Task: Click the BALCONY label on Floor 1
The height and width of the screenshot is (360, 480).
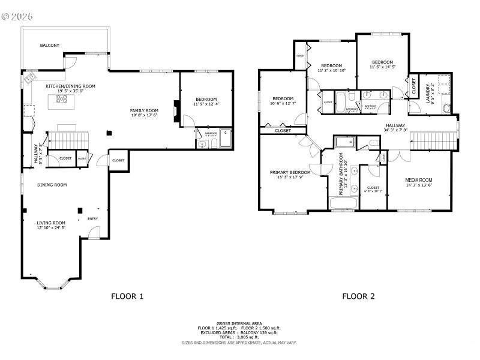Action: pos(50,46)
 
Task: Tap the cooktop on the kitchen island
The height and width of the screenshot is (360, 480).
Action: pos(61,100)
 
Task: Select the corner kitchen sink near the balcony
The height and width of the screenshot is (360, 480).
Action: pos(29,78)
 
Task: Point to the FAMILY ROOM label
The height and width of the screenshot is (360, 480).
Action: pos(145,110)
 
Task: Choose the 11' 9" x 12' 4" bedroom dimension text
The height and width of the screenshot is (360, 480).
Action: pos(206,104)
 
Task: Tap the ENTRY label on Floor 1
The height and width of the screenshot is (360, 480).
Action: pos(93,218)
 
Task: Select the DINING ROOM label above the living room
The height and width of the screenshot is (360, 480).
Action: pos(52,185)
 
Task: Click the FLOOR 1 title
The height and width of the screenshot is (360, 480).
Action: pos(128,296)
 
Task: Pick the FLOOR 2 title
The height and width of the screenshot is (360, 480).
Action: pos(358,296)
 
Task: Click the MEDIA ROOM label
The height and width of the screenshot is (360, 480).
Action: pos(419,179)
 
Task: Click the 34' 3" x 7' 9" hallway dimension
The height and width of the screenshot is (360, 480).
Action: pos(395,130)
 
